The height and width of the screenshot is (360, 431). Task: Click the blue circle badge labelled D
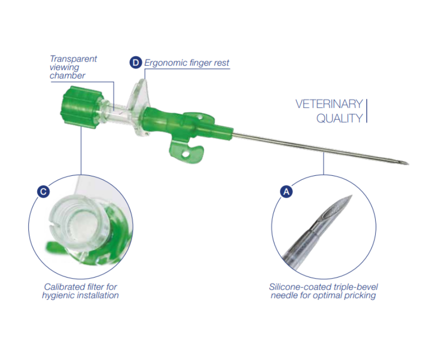(136, 63)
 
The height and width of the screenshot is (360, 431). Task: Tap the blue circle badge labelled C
(43, 191)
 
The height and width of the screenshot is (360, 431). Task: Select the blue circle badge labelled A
(286, 191)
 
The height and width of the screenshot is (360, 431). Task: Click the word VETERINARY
(329, 104)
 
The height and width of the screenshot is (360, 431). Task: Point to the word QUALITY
(340, 118)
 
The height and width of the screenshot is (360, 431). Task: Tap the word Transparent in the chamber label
(74, 59)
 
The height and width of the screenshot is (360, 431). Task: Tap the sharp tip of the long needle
(409, 164)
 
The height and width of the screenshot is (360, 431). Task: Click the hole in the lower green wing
(186, 154)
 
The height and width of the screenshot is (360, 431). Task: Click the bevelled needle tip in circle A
(338, 209)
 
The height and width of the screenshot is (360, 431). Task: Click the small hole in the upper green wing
(200, 118)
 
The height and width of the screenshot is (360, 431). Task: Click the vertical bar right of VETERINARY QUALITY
(367, 111)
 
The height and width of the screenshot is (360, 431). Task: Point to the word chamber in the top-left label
(67, 75)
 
